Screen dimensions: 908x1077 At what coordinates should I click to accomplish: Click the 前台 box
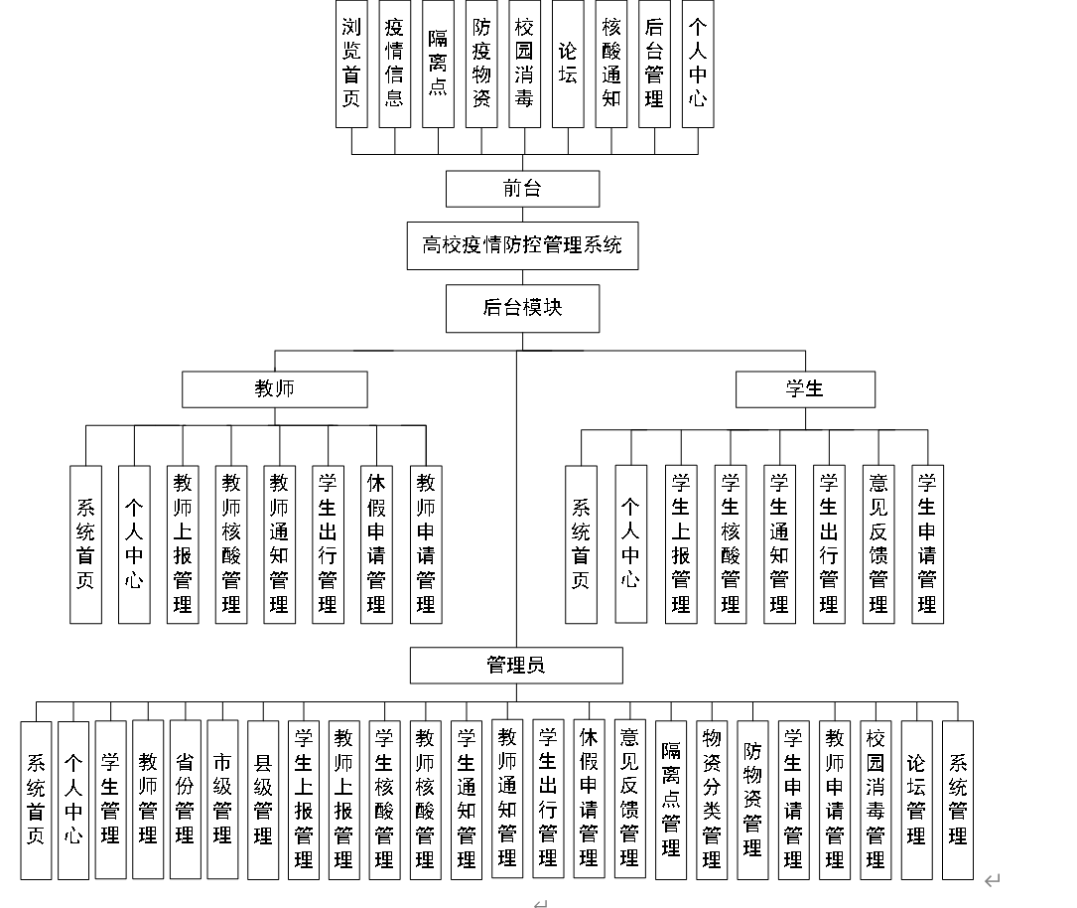[522, 189]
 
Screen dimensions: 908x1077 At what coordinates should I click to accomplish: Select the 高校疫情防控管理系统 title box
[522, 245]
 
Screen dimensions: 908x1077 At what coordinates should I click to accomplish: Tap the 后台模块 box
[522, 308]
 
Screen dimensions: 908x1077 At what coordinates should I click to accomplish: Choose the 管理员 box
[516, 666]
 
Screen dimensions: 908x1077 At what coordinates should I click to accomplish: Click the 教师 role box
[274, 389]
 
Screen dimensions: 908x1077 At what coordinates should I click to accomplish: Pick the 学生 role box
[805, 389]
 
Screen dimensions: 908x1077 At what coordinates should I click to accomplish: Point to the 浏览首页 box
[351, 64]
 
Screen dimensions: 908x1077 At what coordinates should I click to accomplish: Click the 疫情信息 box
[394, 64]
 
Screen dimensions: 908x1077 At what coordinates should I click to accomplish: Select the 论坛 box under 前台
[568, 64]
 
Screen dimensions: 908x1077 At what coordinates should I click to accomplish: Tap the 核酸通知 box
[611, 64]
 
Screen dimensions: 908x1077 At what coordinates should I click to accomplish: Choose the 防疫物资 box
[481, 64]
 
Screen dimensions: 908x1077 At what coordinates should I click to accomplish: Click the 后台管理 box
[654, 64]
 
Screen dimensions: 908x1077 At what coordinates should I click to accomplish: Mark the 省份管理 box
[185, 800]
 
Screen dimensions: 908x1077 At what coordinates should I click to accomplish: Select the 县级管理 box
[263, 800]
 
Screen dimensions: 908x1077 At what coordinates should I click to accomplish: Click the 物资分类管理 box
[712, 800]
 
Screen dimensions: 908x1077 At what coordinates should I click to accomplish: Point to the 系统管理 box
[958, 800]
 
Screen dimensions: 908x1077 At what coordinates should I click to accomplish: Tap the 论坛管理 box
[916, 800]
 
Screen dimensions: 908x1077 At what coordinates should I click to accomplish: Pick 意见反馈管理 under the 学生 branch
[878, 544]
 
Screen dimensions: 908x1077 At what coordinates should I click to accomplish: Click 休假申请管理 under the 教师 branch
[376, 544]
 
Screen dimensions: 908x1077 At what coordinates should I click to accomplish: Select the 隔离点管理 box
[671, 800]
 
